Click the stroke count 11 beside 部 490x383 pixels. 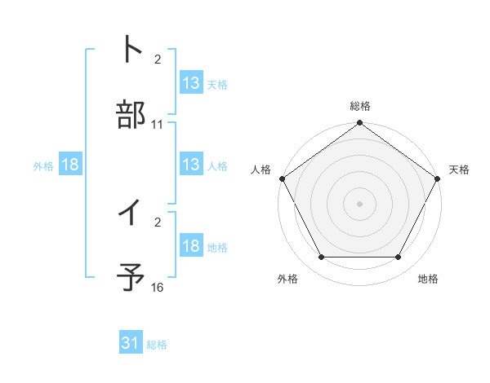pyautogui.click(x=158, y=125)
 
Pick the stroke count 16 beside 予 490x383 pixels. pyautogui.click(x=158, y=288)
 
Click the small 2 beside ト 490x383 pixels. pyautogui.click(x=158, y=60)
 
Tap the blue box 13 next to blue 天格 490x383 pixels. pyautogui.click(x=191, y=83)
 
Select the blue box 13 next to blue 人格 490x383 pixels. pyautogui.click(x=191, y=165)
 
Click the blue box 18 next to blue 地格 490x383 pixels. pyautogui.click(x=191, y=247)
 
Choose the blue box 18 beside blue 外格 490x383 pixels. pyautogui.click(x=70, y=165)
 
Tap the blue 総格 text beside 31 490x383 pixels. pyautogui.click(x=157, y=345)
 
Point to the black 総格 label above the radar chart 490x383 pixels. pyautogui.click(x=360, y=106)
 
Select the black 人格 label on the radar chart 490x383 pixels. pyautogui.click(x=261, y=169)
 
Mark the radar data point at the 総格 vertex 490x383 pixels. pyautogui.click(x=360, y=124)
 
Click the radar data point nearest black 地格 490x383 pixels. pyautogui.click(x=399, y=258)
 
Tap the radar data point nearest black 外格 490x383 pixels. pyautogui.click(x=321, y=258)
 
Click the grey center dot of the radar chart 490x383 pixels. pyautogui.click(x=360, y=203)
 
